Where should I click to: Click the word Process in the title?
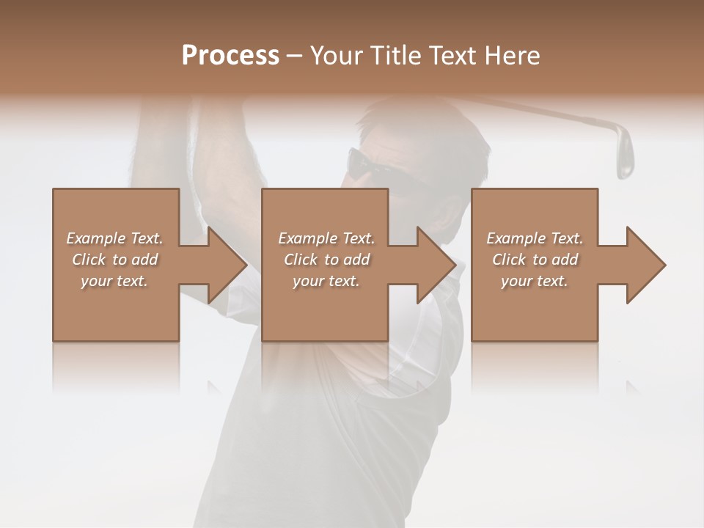click(230, 56)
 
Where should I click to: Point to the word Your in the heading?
click(336, 56)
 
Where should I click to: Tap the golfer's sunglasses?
click(374, 163)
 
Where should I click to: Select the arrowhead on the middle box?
click(436, 265)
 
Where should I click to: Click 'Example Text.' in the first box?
click(114, 238)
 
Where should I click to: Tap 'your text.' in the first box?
click(114, 281)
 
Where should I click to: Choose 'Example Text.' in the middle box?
click(326, 238)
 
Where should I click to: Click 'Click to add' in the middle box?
click(326, 260)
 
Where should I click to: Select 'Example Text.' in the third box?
click(535, 238)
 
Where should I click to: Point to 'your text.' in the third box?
click(535, 281)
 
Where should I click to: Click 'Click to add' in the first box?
click(114, 260)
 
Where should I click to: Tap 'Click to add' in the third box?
click(535, 260)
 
